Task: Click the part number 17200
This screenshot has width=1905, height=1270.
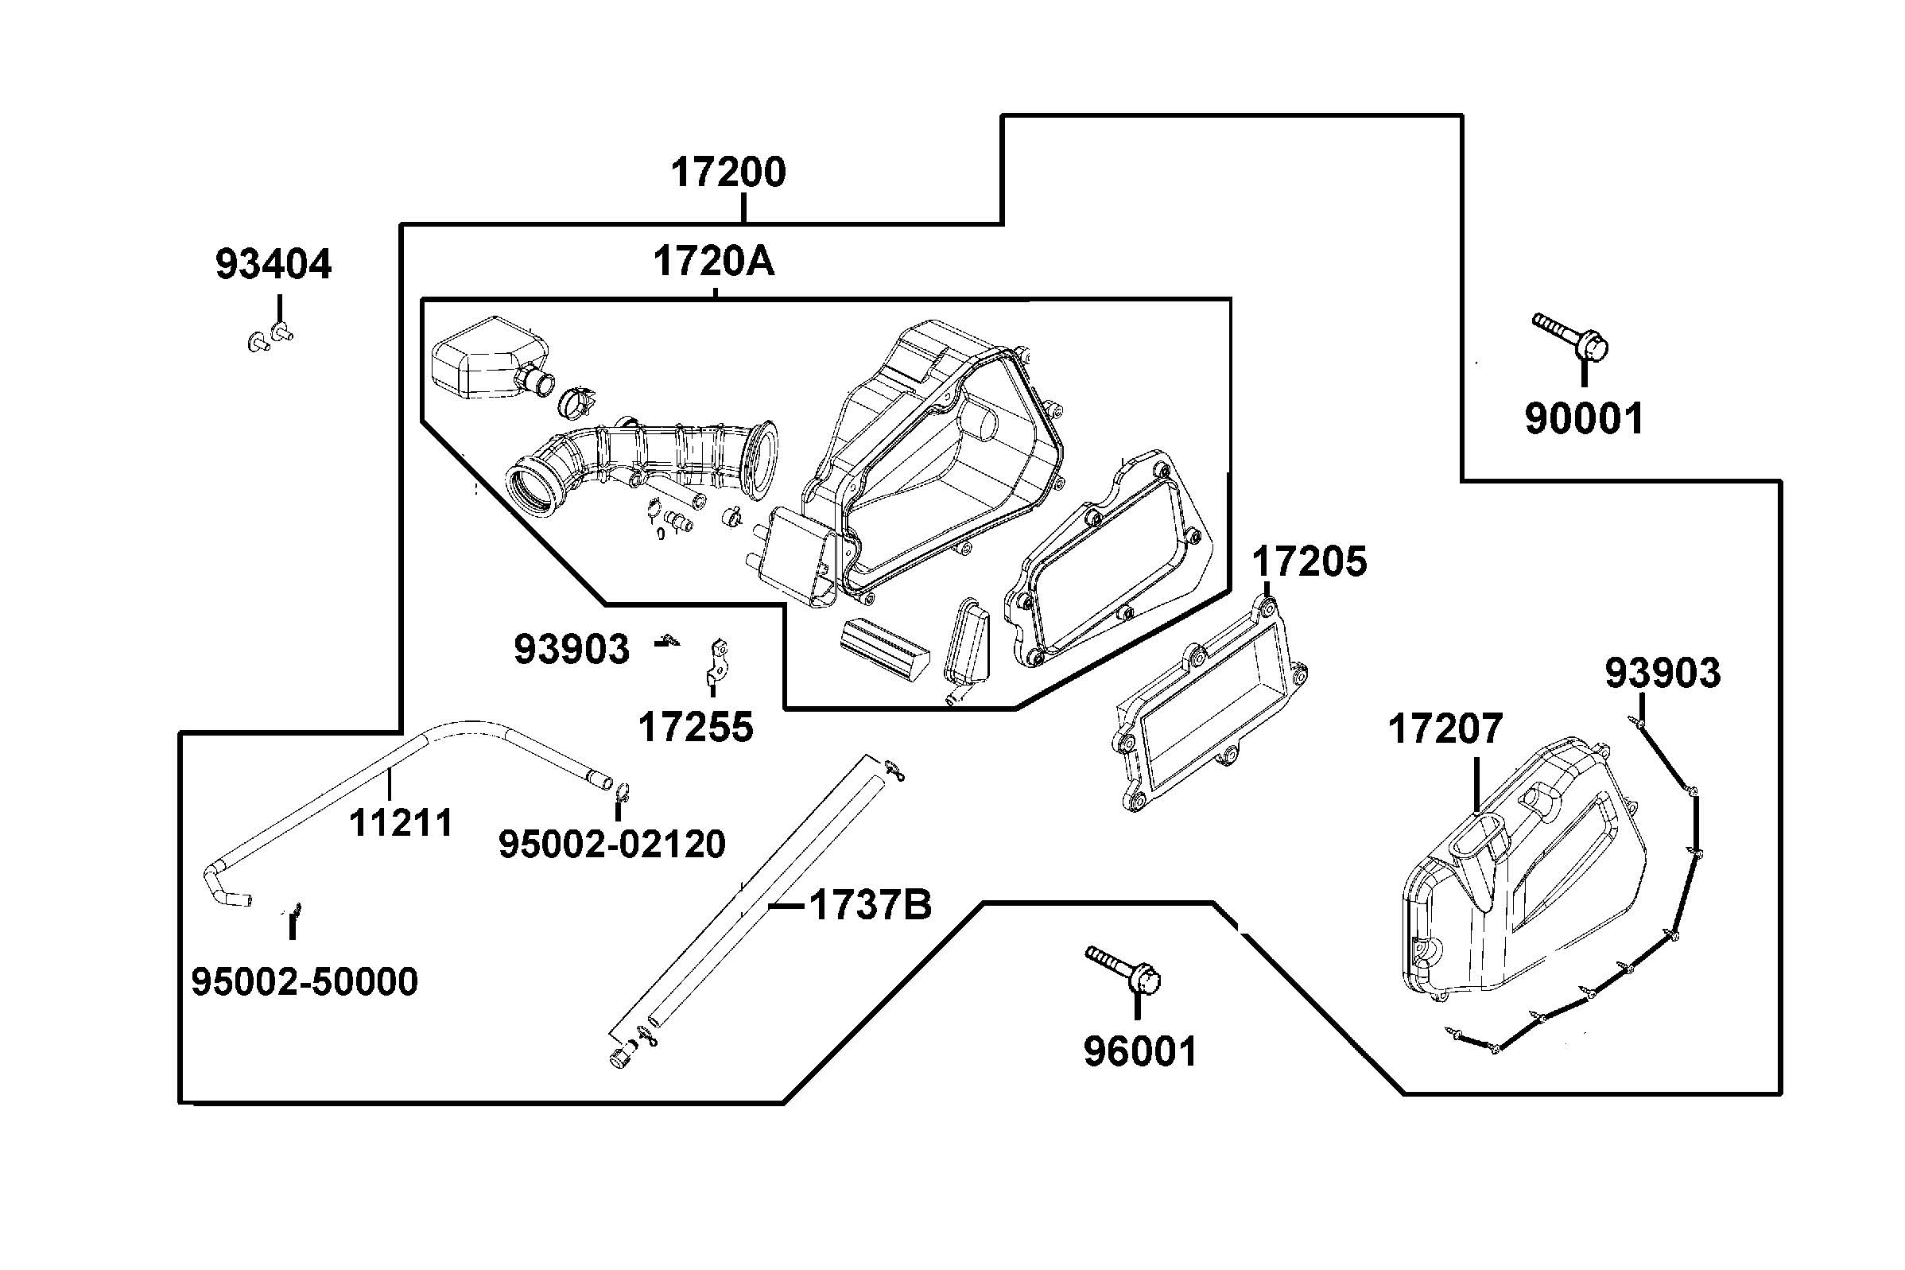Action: click(x=727, y=173)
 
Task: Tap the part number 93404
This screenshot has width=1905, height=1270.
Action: click(x=274, y=265)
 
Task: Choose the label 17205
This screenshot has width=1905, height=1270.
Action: click(x=1309, y=562)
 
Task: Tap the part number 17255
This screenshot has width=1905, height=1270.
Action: click(x=696, y=728)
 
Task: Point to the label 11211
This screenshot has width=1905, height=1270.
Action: click(x=401, y=823)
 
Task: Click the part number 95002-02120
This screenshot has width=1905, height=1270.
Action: click(x=611, y=845)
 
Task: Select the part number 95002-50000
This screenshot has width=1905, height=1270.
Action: click(x=305, y=981)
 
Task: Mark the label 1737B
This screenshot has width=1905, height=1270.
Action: click(x=870, y=905)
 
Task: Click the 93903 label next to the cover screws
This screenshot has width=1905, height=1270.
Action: click(x=1663, y=673)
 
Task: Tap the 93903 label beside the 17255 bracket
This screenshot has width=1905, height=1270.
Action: click(x=572, y=649)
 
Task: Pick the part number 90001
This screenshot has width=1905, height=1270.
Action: click(x=1585, y=419)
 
